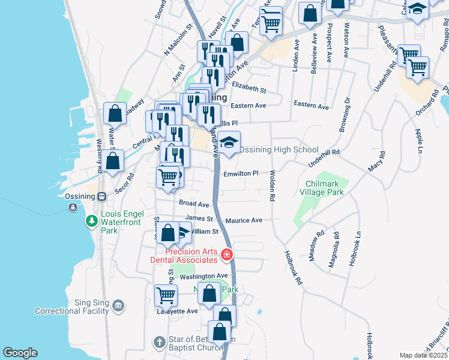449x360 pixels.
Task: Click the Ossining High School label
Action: click(279, 149)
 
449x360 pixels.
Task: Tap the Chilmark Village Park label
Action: click(324, 188)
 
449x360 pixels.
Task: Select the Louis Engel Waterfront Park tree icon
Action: click(91, 221)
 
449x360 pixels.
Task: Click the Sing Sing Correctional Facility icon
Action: click(119, 307)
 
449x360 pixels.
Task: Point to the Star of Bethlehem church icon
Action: click(159, 343)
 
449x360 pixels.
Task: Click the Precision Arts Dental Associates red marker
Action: click(227, 255)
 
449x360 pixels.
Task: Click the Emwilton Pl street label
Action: click(241, 173)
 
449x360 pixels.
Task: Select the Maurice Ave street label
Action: click(244, 221)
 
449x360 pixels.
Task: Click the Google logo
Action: click(20, 352)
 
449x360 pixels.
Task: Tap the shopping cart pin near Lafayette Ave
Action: click(166, 296)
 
